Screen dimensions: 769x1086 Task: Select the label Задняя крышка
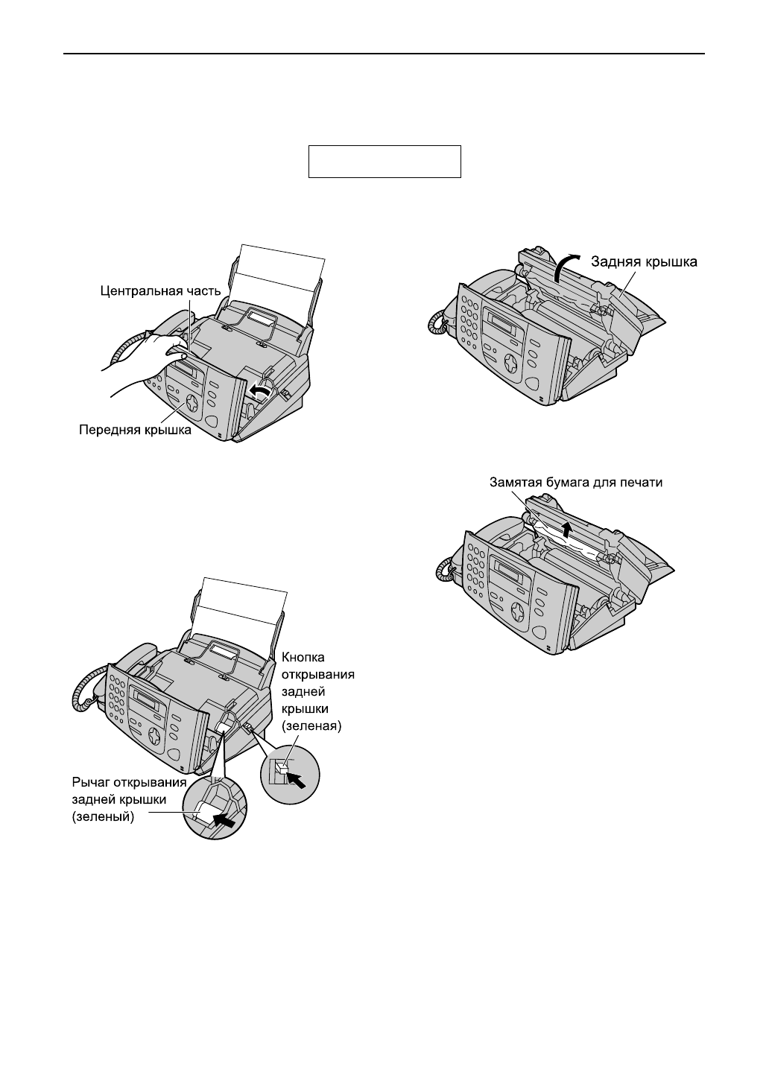(645, 261)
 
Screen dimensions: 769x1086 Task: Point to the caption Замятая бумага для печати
(575, 482)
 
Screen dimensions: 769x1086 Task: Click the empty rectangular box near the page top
(385, 162)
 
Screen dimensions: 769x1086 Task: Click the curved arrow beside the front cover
(259, 390)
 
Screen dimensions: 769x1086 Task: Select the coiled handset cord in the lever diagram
(81, 693)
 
